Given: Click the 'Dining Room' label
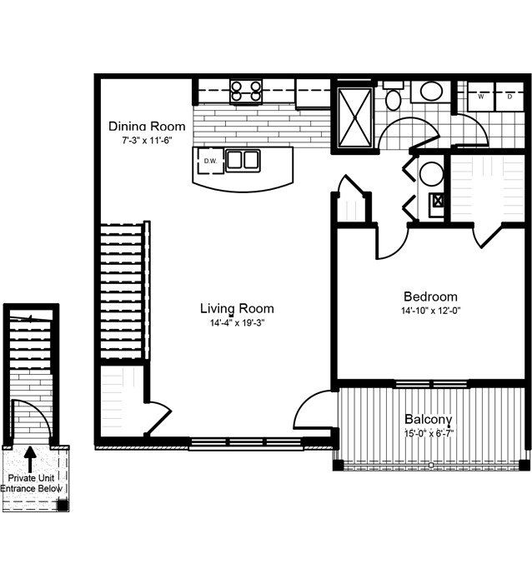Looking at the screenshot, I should point(147,127).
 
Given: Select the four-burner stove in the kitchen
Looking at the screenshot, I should point(245,90).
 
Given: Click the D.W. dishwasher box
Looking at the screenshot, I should point(209,161).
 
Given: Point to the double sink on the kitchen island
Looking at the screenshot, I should point(243,160).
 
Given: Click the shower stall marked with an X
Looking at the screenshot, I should point(353,117).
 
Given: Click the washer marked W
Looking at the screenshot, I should point(481,96).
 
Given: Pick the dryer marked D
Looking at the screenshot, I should point(509,96).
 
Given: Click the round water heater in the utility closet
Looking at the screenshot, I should point(431,174).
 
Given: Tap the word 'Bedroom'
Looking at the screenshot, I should point(430,296).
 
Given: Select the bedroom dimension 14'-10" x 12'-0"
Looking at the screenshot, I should point(430,311).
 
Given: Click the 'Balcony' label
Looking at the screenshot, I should point(429,419).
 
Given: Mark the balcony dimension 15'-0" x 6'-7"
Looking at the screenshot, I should point(429,433).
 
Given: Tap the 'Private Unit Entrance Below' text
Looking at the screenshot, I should point(37,484).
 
